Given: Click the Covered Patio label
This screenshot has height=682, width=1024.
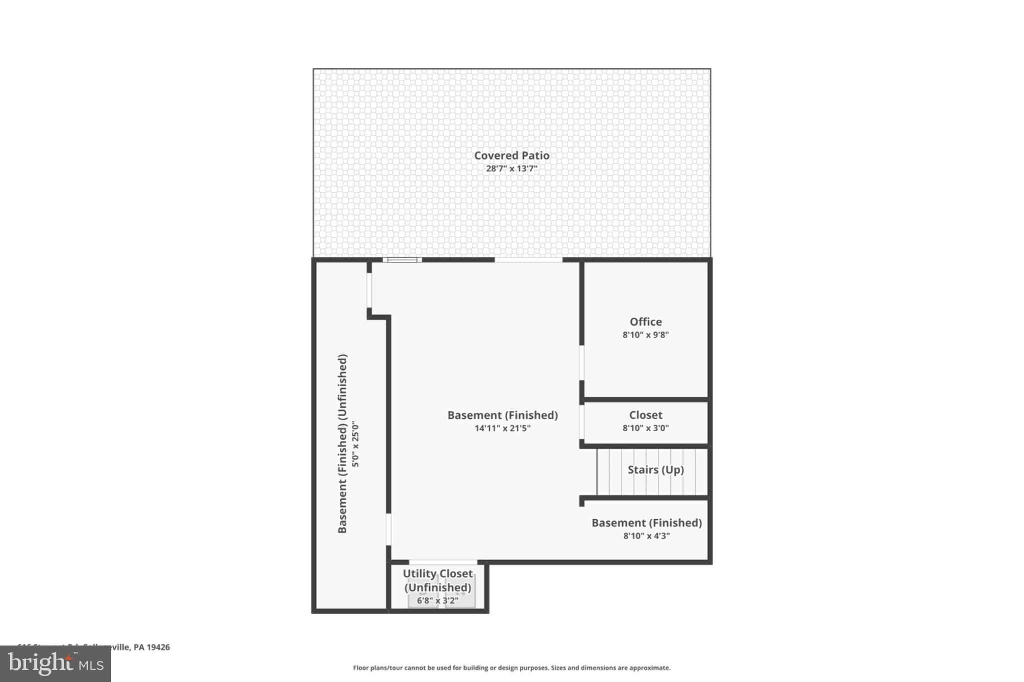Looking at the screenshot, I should click(x=511, y=155).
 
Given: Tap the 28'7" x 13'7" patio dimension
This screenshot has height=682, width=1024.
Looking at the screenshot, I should click(x=511, y=168).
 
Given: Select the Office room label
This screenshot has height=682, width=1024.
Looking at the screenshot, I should click(x=645, y=322).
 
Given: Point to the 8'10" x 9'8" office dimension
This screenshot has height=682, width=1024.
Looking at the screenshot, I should click(x=645, y=335).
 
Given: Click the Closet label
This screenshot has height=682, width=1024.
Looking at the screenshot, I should click(x=645, y=415).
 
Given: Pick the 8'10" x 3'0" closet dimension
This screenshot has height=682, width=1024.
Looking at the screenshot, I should click(x=645, y=428).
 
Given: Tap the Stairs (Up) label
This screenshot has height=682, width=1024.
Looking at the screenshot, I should click(x=655, y=470).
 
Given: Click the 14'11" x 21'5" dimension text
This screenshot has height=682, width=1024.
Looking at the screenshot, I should click(x=502, y=428).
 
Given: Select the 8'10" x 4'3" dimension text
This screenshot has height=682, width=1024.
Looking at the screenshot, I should click(x=646, y=536).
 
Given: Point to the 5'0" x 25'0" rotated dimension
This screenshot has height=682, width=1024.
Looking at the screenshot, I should click(x=355, y=444).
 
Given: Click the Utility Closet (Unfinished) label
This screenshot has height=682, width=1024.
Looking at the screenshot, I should click(x=437, y=580).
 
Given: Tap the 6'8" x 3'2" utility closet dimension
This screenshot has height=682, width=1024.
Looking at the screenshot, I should click(x=437, y=601).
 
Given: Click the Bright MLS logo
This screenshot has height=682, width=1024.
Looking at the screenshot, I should click(x=55, y=664).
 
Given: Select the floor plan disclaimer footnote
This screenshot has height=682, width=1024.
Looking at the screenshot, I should click(x=511, y=668).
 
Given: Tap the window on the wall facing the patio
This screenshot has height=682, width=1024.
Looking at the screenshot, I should click(x=402, y=259).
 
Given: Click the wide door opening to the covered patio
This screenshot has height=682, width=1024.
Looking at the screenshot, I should click(x=528, y=260).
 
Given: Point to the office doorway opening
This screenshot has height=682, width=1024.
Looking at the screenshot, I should click(x=581, y=362).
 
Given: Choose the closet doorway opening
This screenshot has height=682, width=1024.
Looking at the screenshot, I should click(x=581, y=422).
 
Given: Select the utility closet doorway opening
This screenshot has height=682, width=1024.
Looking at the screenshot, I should click(x=443, y=563).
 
